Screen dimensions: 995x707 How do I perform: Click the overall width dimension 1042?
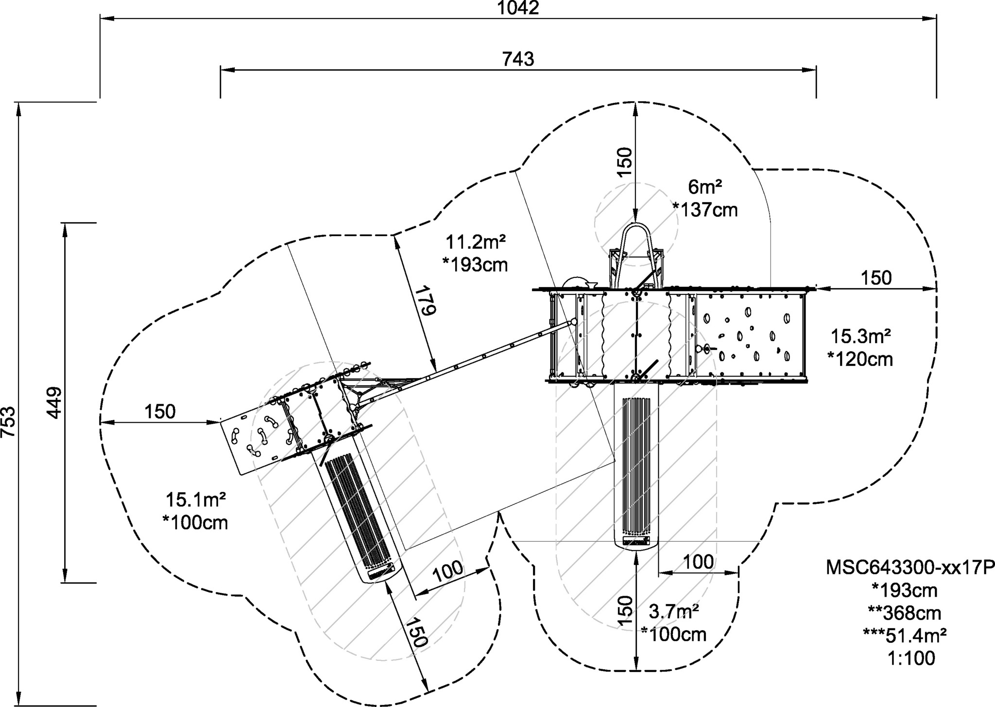pyautogui.click(x=518, y=8)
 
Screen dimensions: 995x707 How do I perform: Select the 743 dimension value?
pyautogui.click(x=518, y=59)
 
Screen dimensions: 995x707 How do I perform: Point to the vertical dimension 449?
pyautogui.click(x=54, y=402)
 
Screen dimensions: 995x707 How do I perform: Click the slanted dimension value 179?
pyautogui.click(x=423, y=302)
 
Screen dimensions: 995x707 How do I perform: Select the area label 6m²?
pyautogui.click(x=705, y=186)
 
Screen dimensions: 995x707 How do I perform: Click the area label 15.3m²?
pyautogui.click(x=860, y=336)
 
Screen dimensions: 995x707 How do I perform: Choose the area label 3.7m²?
pyautogui.click(x=674, y=611)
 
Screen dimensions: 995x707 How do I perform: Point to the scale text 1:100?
pyautogui.click(x=911, y=658)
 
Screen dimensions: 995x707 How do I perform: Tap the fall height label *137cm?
pyautogui.click(x=705, y=209)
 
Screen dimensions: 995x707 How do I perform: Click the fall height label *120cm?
pyautogui.click(x=860, y=359)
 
